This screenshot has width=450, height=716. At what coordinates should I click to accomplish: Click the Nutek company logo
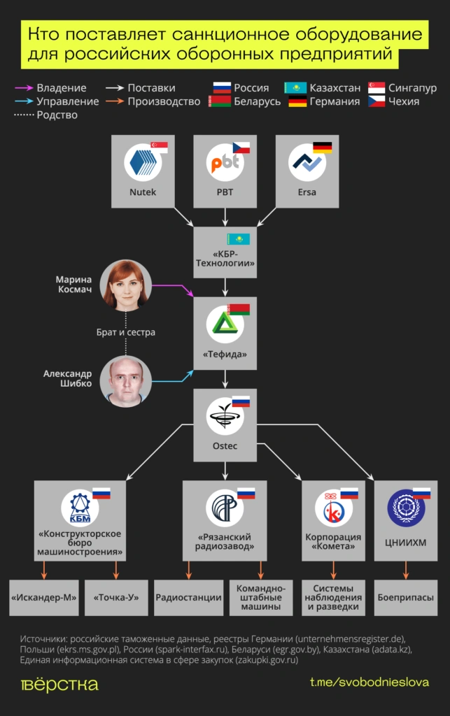143,163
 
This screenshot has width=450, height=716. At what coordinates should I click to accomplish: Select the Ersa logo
307,163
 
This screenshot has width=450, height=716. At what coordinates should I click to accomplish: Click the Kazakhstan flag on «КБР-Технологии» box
238,239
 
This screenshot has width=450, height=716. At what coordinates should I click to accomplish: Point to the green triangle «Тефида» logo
225,323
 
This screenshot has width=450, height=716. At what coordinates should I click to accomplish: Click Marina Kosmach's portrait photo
126,285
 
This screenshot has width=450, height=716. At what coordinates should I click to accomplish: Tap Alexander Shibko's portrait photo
126,381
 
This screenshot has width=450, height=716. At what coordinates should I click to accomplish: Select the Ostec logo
225,416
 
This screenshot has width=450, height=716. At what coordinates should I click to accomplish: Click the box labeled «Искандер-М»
44,598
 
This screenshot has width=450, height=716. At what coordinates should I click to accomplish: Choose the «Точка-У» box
116,598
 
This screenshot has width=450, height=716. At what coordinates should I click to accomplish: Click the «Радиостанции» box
188,598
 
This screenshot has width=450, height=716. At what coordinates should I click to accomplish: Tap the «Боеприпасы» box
406,598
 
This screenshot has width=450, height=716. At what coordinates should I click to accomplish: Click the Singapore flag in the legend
377,88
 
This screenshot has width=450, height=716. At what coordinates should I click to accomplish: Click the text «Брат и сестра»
126,332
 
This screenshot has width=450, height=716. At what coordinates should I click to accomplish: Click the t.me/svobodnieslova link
370,682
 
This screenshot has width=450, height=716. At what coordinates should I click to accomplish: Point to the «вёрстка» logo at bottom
59,684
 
